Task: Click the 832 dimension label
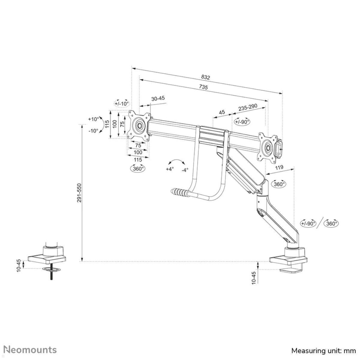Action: point(205,77)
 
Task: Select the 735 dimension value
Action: point(203,87)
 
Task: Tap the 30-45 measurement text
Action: point(158,99)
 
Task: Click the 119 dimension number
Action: point(279,168)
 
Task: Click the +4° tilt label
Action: point(170,169)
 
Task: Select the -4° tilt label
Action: point(185,170)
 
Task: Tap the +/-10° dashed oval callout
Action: point(121,103)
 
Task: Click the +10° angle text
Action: point(93,119)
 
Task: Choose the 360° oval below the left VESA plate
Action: point(137,169)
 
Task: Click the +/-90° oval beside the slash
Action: point(308,223)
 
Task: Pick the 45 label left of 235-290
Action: point(222,112)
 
